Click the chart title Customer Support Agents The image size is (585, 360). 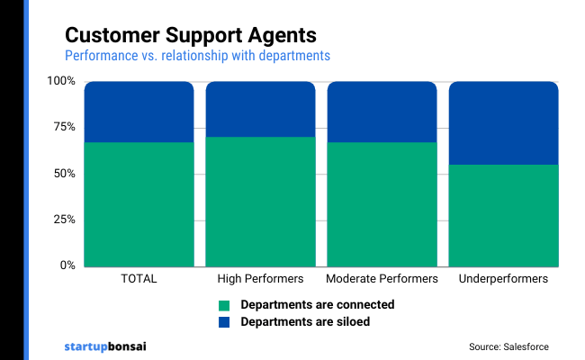click(190, 35)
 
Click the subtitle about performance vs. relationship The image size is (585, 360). click(197, 56)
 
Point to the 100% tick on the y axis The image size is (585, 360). click(61, 82)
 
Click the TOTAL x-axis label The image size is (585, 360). click(139, 279)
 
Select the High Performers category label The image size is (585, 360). click(260, 279)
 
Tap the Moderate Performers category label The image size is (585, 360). click(382, 279)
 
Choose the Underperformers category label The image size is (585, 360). click(503, 279)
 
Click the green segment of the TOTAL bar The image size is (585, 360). click(139, 203)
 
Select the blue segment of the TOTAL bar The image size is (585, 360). click(139, 112)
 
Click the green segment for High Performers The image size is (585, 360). click(260, 201)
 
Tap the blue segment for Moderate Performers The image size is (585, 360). click(382, 112)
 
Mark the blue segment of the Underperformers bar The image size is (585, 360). click(503, 122)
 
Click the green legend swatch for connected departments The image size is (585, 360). click(224, 305)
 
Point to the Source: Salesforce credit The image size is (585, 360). click(508, 346)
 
